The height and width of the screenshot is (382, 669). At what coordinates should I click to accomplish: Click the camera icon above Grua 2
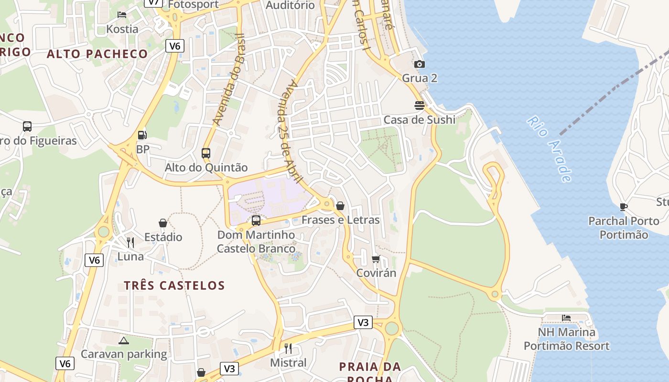click(420, 64)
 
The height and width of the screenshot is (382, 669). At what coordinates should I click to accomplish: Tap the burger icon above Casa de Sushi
click(420, 106)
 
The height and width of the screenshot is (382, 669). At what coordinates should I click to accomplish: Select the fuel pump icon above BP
click(142, 135)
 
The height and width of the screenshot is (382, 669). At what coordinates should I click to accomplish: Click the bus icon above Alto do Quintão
click(206, 153)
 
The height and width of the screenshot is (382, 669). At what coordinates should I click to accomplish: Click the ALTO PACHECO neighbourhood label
click(97, 54)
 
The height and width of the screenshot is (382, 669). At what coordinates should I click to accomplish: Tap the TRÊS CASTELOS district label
click(174, 286)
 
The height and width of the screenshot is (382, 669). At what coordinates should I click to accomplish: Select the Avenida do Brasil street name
click(229, 80)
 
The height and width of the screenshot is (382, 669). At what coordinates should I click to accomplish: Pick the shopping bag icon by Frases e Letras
click(340, 206)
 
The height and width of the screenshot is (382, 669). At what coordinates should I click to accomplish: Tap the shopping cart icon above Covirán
click(376, 259)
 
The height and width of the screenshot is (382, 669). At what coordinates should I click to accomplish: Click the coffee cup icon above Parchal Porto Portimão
click(624, 207)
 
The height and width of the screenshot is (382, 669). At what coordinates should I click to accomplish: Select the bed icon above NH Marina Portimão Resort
click(566, 318)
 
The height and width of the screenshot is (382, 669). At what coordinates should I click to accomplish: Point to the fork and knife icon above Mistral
click(288, 348)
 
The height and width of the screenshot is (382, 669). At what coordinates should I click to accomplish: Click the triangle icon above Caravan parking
click(124, 340)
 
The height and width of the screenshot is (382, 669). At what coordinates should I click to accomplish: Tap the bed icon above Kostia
click(122, 15)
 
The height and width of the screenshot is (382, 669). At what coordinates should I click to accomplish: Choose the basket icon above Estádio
click(163, 223)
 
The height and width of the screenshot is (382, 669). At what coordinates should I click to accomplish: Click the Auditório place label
click(290, 5)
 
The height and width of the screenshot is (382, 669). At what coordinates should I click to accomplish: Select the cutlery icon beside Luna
click(130, 243)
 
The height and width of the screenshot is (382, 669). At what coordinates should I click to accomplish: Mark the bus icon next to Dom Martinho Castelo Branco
click(256, 220)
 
